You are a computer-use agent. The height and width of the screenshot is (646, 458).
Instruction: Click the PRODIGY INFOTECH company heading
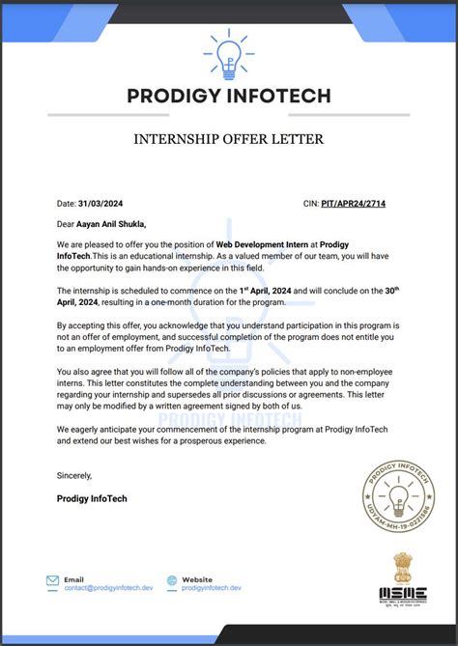229,96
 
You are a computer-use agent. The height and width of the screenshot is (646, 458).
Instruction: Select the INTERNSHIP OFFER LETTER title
229,139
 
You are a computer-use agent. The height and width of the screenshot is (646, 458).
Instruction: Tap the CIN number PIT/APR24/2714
360,204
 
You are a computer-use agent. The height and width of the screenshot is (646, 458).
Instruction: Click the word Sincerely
74,475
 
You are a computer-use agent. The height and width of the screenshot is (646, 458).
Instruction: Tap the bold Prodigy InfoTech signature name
92,498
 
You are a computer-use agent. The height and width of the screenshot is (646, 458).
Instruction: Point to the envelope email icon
52,581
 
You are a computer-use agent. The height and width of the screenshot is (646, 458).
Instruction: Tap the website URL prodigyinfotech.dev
212,587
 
